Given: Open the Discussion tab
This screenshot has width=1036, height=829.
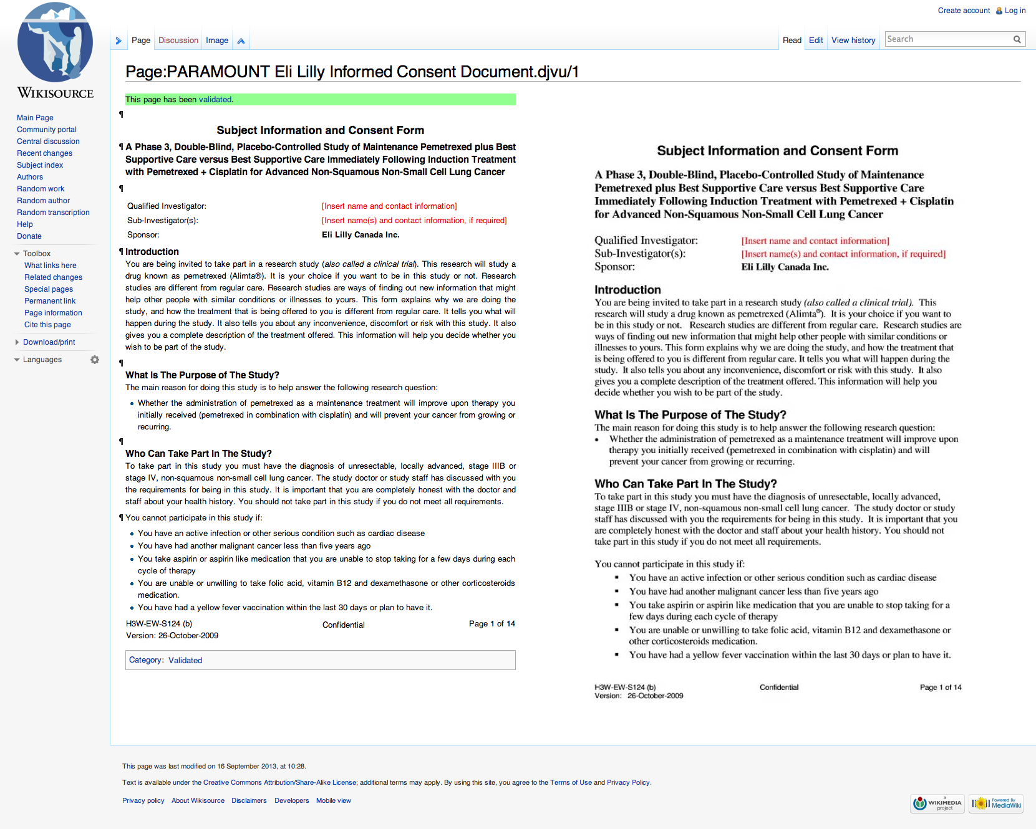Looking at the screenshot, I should coord(178,41).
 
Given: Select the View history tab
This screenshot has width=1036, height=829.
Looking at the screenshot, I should coord(853,41).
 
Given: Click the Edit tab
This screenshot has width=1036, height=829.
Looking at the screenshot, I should coord(816,41).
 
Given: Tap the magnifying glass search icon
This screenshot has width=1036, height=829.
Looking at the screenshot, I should coord(1017,39).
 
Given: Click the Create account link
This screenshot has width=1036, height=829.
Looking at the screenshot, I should coord(964,11).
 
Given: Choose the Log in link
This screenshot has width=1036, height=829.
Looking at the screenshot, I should coord(1015,11).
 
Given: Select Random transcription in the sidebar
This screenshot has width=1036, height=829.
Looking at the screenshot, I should coord(53,213).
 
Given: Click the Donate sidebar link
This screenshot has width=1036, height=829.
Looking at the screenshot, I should coord(29,236).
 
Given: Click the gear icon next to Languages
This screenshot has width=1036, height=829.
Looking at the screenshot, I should coord(95,360).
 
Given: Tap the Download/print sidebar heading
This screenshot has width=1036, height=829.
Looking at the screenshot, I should coord(49,342).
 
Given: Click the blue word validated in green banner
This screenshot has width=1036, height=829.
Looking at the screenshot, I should coord(215,100).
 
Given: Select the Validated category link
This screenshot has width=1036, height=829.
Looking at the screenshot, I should coord(185,661).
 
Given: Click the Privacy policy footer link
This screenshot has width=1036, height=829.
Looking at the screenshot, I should coord(143,801).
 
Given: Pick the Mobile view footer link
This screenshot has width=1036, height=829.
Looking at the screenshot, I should coord(333,801).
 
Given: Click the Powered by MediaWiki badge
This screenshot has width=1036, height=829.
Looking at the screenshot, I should coord(996,803).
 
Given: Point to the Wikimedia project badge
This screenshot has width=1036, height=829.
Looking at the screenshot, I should coord(937,803).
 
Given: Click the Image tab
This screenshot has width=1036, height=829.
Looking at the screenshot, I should coord(217,41).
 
